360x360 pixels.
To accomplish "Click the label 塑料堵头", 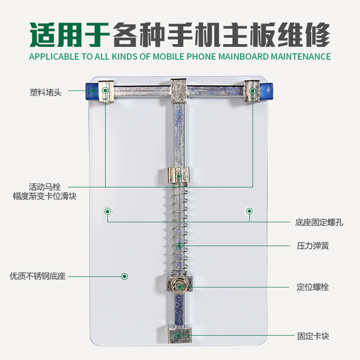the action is point(46,92).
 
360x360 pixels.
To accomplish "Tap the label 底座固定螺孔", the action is point(319,222).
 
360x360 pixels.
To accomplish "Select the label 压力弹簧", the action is point(313,246).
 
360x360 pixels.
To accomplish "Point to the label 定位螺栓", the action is point(313,287).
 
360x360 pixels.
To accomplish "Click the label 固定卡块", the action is point(313,336).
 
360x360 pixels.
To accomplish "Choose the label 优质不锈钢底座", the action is point(38,276).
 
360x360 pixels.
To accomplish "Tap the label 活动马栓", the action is point(45,187).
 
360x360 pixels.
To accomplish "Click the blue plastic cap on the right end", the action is point(266,91).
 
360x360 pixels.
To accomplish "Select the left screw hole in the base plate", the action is point(108,211).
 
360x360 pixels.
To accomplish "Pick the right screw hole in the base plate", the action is point(250,211).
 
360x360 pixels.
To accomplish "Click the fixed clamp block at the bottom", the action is point(180,335).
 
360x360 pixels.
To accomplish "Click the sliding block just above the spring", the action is point(179,175).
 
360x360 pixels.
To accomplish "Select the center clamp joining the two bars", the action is point(179,90).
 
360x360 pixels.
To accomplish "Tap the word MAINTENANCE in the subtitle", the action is point(301,57).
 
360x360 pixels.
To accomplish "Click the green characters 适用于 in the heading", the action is point(70,35).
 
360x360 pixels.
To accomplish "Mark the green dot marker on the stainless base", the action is point(125,276).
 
